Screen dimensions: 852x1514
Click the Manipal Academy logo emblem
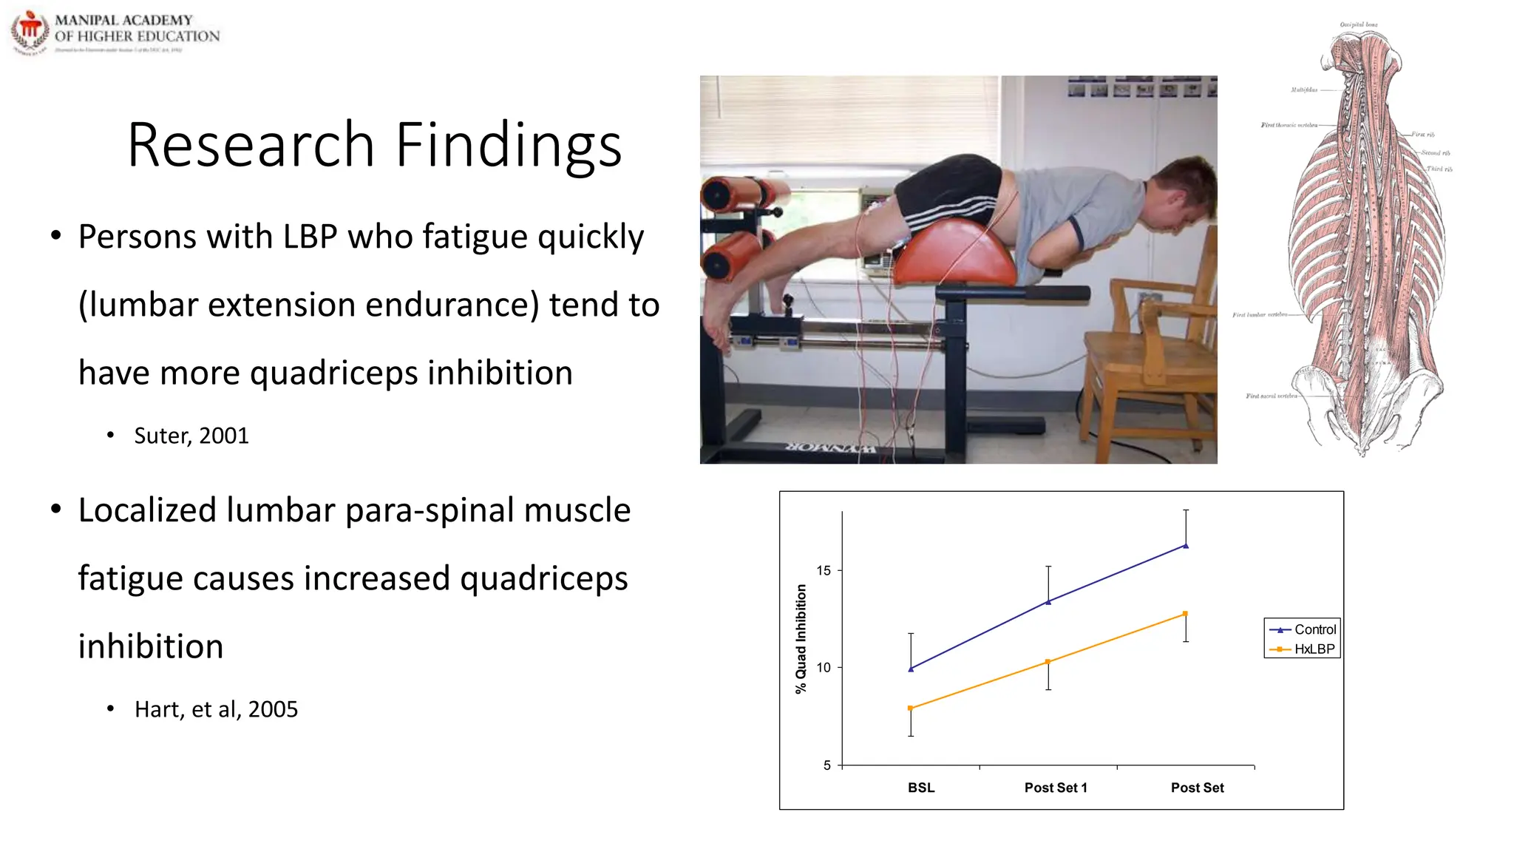[29, 32]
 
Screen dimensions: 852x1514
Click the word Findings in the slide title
[509, 145]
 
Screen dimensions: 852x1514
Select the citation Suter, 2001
[191, 436]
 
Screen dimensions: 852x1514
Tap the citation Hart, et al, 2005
[216, 709]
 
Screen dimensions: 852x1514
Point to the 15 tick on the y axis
[824, 570]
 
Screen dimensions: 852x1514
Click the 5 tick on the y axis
[827, 765]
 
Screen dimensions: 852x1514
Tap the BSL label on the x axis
[921, 788]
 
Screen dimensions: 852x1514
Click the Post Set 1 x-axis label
[1056, 788]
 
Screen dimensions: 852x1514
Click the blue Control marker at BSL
[911, 669]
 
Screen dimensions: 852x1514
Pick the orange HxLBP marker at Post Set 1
[1048, 662]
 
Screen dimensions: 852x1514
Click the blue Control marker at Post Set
[1186, 546]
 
